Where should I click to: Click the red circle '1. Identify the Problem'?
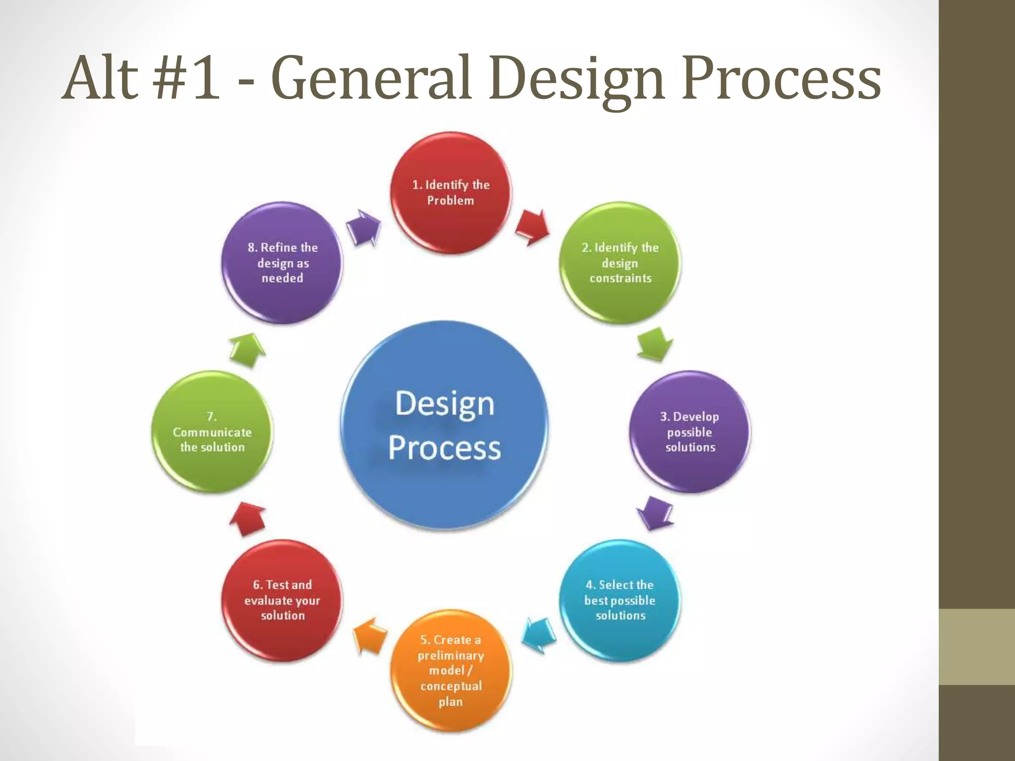click(x=451, y=193)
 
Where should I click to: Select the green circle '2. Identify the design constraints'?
click(x=620, y=263)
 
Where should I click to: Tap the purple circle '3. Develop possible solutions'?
click(x=689, y=432)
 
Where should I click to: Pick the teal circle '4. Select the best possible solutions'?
click(x=620, y=600)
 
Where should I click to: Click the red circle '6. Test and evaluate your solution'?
click(x=282, y=600)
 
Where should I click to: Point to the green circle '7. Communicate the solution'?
click(x=212, y=432)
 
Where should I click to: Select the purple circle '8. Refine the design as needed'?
click(x=282, y=263)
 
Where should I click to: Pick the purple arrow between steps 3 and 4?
click(x=654, y=513)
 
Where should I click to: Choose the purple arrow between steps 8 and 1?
click(x=363, y=227)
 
